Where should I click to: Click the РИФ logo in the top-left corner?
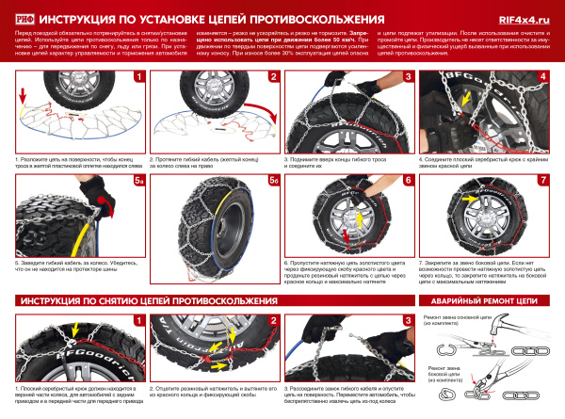(x=20, y=15)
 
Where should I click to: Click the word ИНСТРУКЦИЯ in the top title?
(x=84, y=16)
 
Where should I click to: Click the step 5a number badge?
(x=137, y=179)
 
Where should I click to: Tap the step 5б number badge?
(x=273, y=179)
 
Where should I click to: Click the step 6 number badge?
(x=407, y=179)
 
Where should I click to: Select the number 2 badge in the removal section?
(x=273, y=320)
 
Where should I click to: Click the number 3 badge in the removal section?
(x=407, y=320)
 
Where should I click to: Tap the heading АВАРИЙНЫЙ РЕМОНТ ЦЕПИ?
(x=485, y=301)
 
